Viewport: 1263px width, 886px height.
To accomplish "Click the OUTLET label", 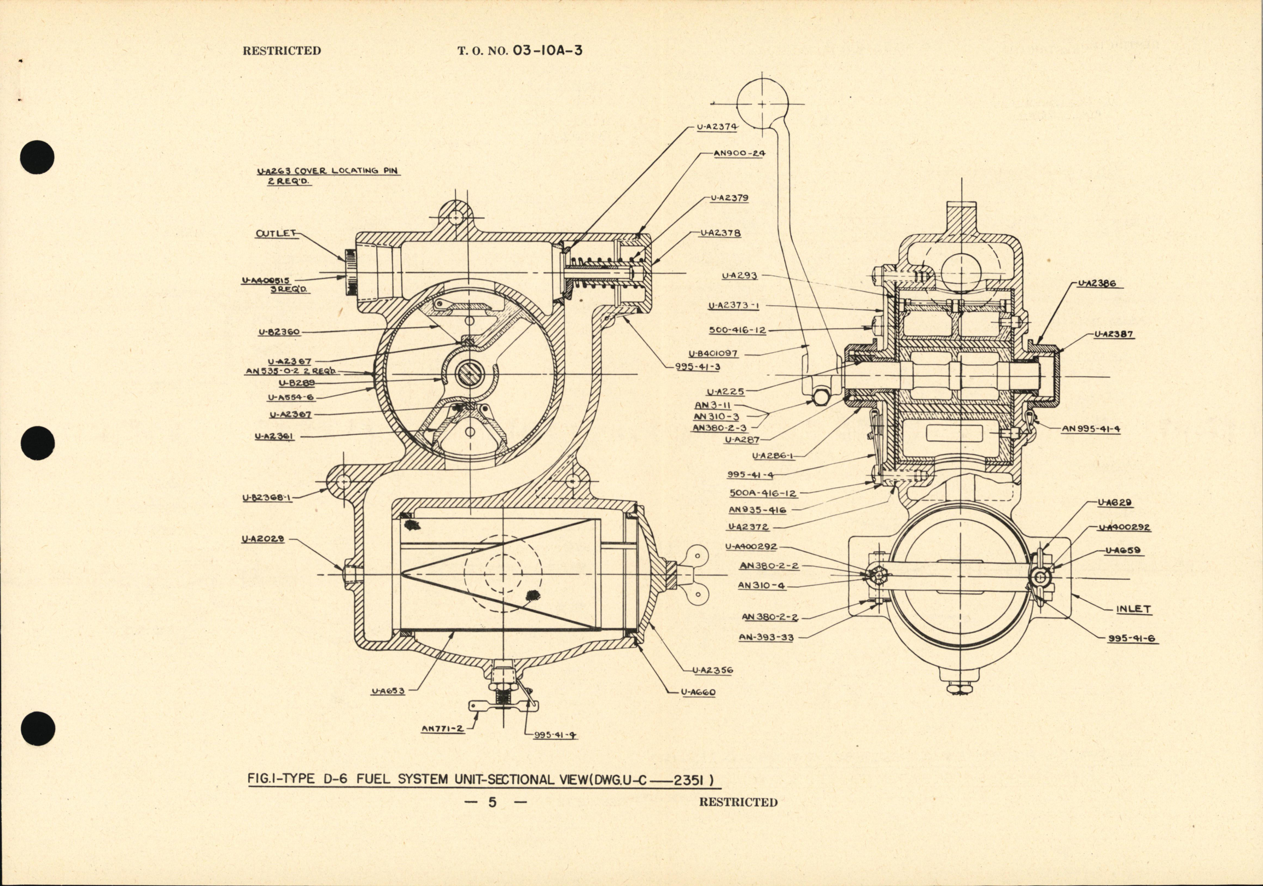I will (276, 234).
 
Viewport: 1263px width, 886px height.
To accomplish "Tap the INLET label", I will (1134, 609).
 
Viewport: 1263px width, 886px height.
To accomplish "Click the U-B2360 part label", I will (279, 333).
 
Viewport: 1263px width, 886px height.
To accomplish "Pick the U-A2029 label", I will (263, 539).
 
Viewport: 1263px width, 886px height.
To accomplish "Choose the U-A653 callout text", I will (388, 691).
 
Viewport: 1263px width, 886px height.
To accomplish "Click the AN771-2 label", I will (442, 728).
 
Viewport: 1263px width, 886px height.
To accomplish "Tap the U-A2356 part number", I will (712, 671).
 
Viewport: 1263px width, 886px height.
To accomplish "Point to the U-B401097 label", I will (713, 354).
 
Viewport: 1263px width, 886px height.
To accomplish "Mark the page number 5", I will (492, 802).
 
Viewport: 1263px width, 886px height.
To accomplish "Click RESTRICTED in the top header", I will (282, 51).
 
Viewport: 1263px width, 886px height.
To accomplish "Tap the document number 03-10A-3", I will (547, 51).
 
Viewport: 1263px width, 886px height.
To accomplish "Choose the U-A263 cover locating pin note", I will (328, 176).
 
